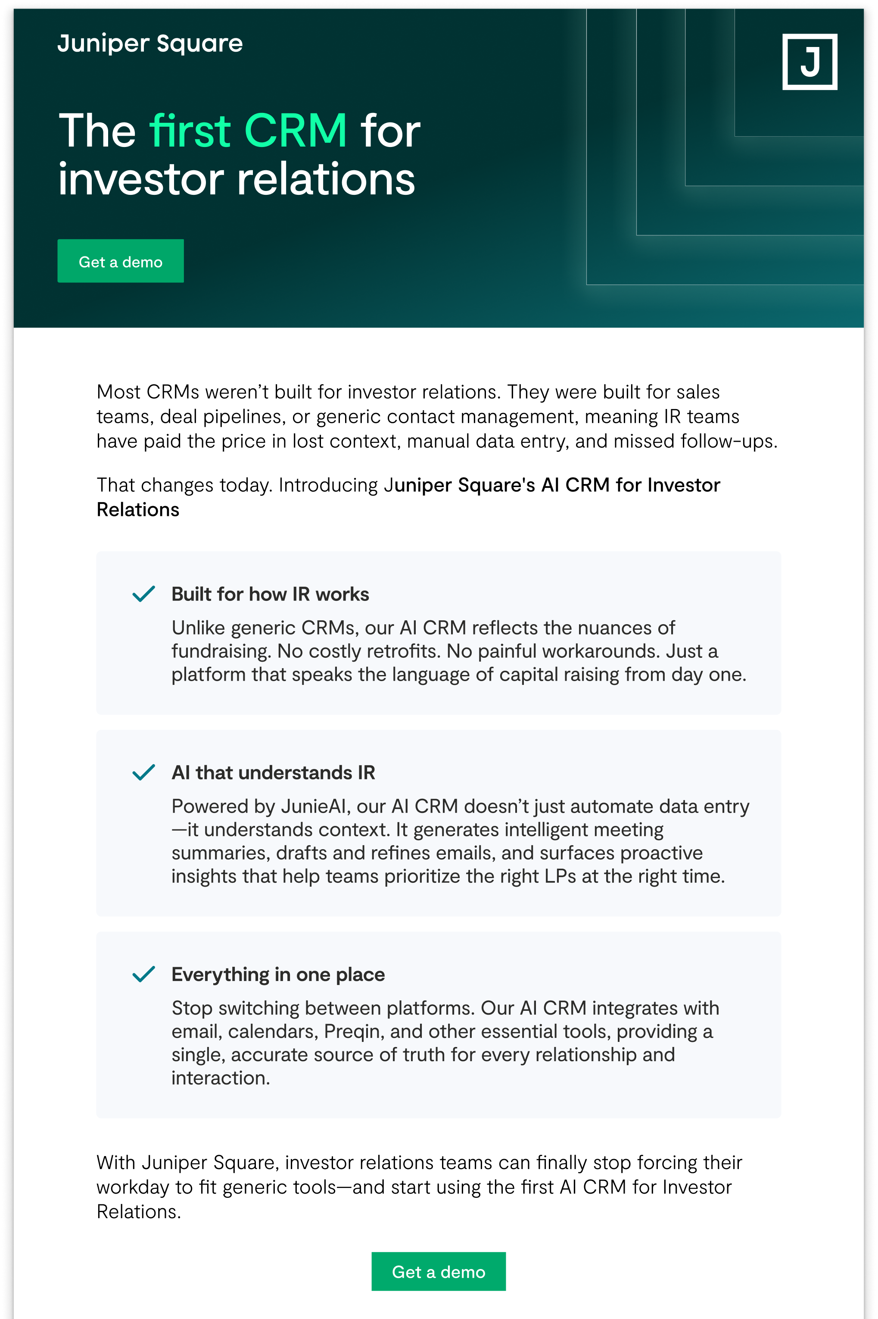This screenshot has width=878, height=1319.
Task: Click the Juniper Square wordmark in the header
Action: click(x=150, y=44)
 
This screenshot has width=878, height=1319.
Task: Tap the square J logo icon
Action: click(x=809, y=62)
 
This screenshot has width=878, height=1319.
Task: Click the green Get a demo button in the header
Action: click(x=120, y=262)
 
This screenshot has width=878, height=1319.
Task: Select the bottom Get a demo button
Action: click(x=439, y=1272)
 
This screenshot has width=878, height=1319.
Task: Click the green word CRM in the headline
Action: click(x=296, y=131)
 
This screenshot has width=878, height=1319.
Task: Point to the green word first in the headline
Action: click(x=190, y=131)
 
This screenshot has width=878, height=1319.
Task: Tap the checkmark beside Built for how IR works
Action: click(x=143, y=594)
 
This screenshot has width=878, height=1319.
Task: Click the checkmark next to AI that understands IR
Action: click(x=143, y=772)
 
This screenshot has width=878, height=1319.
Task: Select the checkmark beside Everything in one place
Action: click(x=143, y=974)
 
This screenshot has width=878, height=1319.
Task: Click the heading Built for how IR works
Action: click(x=270, y=594)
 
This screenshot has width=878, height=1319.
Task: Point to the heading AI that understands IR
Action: click(x=273, y=773)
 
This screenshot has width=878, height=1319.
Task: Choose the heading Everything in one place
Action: click(x=278, y=975)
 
